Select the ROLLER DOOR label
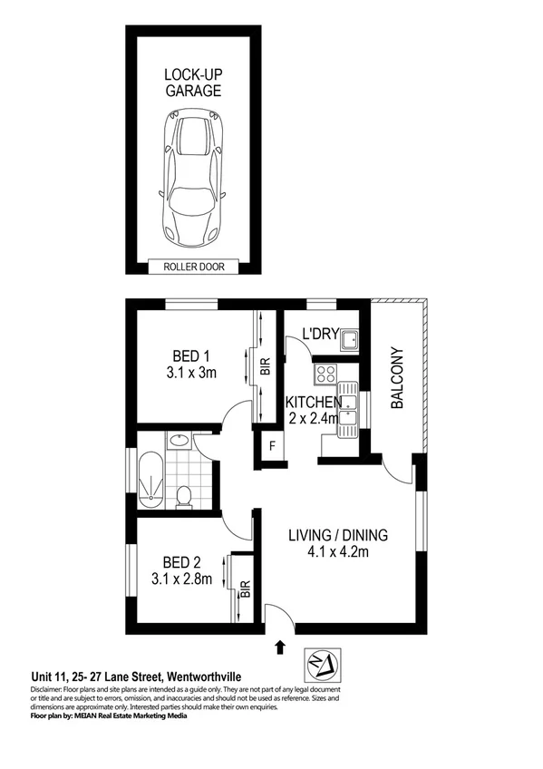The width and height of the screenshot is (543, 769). [193, 267]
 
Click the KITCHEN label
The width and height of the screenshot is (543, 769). [313, 402]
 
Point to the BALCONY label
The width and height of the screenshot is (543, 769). [396, 378]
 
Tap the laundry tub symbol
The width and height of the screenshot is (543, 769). [350, 340]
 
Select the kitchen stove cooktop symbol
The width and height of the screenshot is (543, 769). [325, 374]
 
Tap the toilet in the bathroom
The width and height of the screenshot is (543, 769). [184, 495]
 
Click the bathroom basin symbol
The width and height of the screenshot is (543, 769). [179, 441]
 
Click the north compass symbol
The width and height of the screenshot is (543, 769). [324, 661]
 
